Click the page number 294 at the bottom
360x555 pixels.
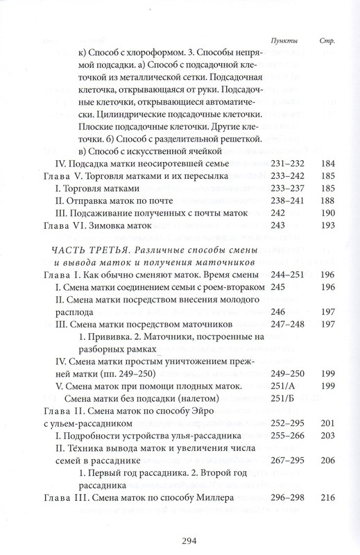(180, 535)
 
